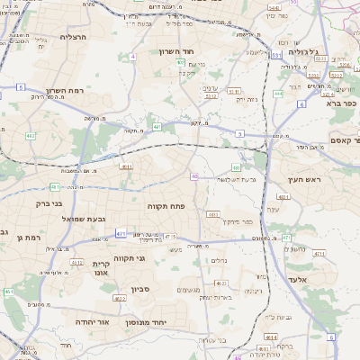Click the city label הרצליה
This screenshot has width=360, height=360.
[71, 37]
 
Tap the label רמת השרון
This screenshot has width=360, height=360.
[63, 91]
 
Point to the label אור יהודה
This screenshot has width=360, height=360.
[91, 320]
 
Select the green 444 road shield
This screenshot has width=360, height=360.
[278, 93]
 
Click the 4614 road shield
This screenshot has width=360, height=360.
[271, 337]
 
